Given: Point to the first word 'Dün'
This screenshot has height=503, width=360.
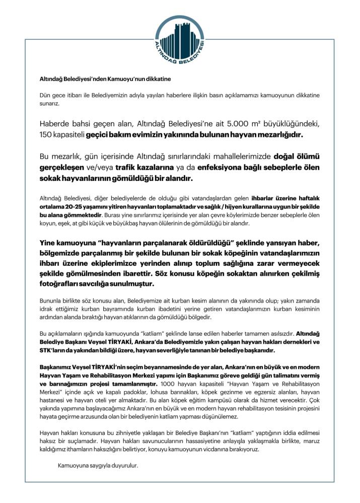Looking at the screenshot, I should [45, 95].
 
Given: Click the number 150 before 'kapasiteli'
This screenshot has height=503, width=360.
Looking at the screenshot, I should [47, 135].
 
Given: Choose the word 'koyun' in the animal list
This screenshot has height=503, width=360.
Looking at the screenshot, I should [48, 223].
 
